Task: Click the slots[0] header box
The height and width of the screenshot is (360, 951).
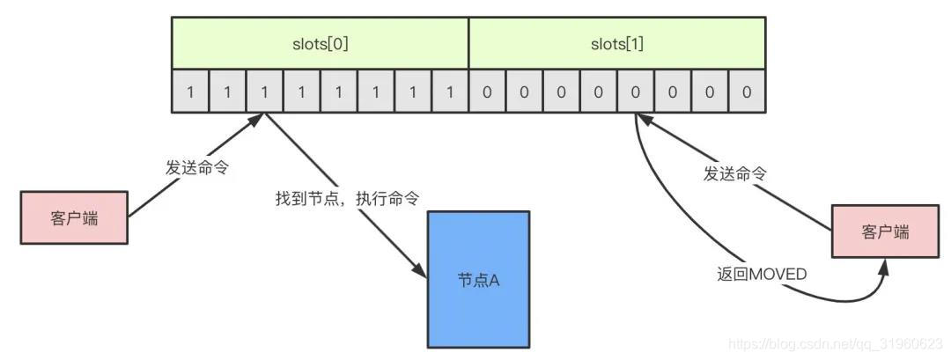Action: [320, 42]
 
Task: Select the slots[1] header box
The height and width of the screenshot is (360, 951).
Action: [616, 42]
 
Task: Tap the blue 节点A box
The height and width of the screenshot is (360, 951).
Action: [478, 279]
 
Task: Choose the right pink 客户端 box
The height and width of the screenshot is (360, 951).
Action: [884, 232]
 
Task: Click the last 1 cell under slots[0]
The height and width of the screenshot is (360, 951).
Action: [449, 92]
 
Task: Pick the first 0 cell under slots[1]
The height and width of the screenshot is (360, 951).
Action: [487, 92]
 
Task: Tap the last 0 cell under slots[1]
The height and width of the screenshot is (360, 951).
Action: [747, 92]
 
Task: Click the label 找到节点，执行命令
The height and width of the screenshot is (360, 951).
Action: [347, 199]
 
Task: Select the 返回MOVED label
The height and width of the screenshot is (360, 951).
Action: [762, 274]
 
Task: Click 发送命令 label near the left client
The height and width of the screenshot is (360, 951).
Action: [197, 167]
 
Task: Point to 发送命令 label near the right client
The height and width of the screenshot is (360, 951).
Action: [734, 174]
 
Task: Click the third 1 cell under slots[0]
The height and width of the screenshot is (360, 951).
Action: [264, 92]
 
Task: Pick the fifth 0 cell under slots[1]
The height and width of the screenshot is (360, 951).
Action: [635, 92]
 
